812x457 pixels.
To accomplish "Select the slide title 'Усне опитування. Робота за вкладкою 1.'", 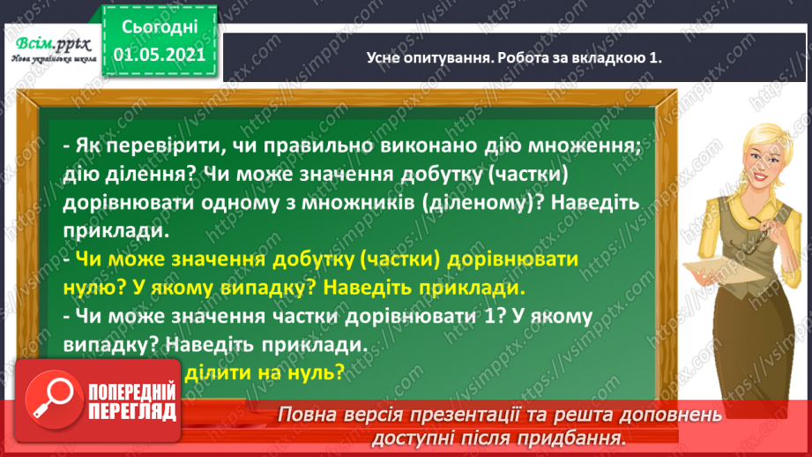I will point(514,57).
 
